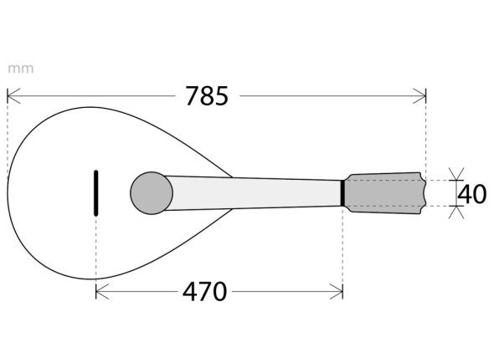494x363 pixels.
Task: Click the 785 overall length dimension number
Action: coord(206,96)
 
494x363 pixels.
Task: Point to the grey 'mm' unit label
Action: coord(21,69)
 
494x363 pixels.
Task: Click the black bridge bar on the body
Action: coord(96,192)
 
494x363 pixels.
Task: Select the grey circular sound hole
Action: coord(152,192)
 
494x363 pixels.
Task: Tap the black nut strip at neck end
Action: coord(342,192)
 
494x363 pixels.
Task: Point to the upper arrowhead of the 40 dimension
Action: coord(455,174)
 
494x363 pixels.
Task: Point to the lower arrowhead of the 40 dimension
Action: coord(455,212)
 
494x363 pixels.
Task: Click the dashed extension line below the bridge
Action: coord(96,251)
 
